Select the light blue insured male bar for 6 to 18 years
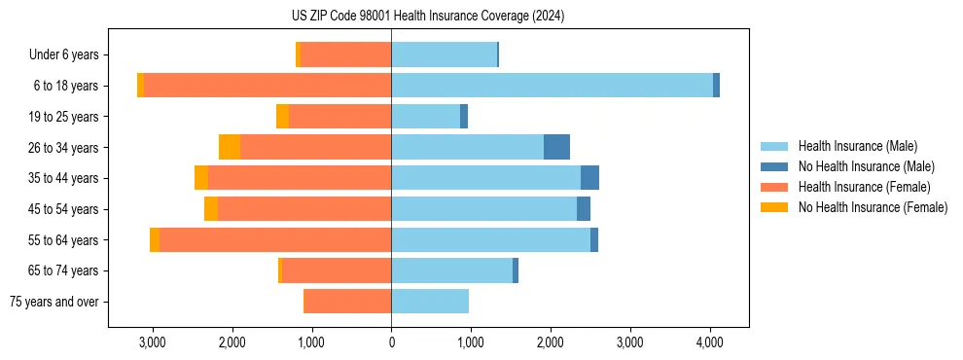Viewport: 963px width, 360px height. tap(552, 86)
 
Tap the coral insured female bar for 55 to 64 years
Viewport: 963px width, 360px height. tap(275, 240)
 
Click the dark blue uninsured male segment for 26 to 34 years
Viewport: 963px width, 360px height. tap(556, 147)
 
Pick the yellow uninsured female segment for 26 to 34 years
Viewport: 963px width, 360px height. tap(230, 147)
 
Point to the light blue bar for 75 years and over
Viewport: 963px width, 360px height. tap(430, 302)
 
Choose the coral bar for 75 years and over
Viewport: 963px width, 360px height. tap(347, 302)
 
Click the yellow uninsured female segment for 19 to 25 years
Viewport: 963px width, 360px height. tap(282, 117)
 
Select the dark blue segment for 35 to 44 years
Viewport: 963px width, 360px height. tap(589, 178)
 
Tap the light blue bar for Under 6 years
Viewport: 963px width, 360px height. tap(444, 54)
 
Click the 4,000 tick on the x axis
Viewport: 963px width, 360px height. tap(709, 342)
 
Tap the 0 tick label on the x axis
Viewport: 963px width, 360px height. tap(391, 342)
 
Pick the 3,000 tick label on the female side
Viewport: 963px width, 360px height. tap(152, 342)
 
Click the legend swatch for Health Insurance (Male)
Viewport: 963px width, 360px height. tap(774, 146)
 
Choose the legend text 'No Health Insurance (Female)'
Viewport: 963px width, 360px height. tap(873, 207)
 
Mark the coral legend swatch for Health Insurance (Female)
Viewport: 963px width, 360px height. tap(774, 187)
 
